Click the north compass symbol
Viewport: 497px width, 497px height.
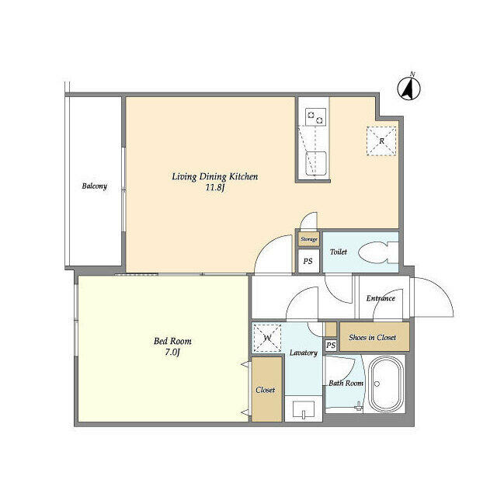tap(409, 87)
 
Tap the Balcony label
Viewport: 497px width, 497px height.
tap(95, 186)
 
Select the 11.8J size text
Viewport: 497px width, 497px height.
tap(215, 188)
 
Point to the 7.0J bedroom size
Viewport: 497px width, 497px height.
tap(172, 352)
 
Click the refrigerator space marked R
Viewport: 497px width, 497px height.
tap(381, 141)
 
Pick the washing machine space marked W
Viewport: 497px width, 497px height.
tap(267, 338)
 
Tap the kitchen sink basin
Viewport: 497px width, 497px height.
tap(316, 163)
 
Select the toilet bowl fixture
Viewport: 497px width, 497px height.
tap(378, 252)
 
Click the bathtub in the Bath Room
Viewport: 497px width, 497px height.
tap(386, 384)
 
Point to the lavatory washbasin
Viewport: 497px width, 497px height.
tap(304, 409)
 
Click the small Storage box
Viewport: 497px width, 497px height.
tap(309, 239)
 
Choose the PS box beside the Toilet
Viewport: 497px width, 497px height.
tap(308, 261)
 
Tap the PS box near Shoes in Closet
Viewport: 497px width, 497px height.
tap(331, 345)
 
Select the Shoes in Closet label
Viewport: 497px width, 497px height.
tap(373, 337)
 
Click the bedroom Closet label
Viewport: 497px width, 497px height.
tap(266, 390)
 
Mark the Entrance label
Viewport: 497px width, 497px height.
tap(381, 298)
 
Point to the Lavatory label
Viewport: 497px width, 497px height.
tap(304, 353)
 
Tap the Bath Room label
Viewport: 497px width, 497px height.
tap(346, 383)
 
